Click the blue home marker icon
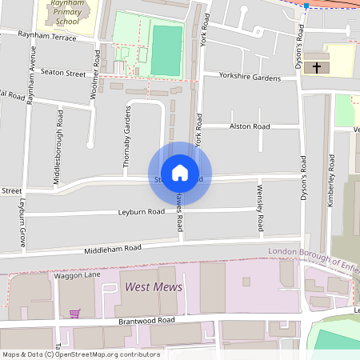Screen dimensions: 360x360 click(180, 172)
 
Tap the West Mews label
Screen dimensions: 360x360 click(153, 286)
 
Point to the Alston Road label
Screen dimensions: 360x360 click(250, 126)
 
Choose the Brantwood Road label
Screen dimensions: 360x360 click(145, 320)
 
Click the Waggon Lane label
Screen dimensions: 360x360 click(77, 274)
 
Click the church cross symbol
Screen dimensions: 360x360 click(318, 67)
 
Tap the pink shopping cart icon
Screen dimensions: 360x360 click(74, 313)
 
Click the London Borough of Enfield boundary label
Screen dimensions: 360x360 click(312, 253)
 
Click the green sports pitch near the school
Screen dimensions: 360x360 click(166, 50)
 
